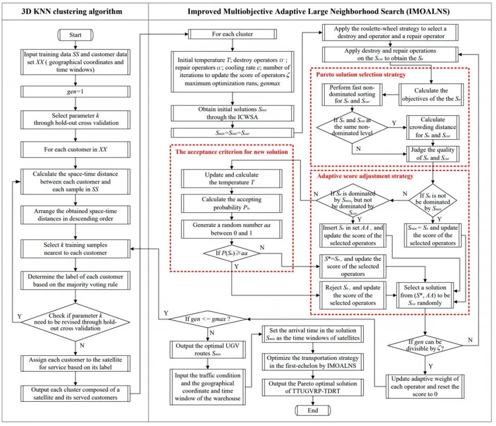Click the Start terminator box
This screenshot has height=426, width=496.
coord(75,35)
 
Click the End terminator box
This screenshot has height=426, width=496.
coord(313,410)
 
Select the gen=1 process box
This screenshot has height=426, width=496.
coord(75,91)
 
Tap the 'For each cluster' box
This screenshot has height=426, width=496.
coord(232,34)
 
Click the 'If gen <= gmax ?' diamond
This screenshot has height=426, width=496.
coord(208,319)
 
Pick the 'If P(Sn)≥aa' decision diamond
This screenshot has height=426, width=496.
coord(232,253)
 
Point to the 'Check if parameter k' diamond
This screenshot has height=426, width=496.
coord(75,322)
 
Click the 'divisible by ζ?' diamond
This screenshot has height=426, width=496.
coord(425,345)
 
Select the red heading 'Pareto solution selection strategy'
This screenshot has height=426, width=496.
coord(361,75)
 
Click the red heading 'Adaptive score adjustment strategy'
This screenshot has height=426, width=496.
coord(366,176)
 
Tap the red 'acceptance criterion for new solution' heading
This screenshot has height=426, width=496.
coord(231,152)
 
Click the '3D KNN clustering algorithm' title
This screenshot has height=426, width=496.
coord(72,11)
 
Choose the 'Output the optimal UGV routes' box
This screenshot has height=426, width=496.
coord(208,349)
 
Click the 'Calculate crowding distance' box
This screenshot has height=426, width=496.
coord(433,127)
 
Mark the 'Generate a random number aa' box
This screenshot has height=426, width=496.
coord(231,229)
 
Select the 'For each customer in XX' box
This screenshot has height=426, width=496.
coord(75,149)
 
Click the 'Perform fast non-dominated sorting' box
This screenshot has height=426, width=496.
coord(352,94)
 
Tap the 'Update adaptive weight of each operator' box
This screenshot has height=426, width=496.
coord(425,386)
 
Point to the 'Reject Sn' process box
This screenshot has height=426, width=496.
coord(353,295)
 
